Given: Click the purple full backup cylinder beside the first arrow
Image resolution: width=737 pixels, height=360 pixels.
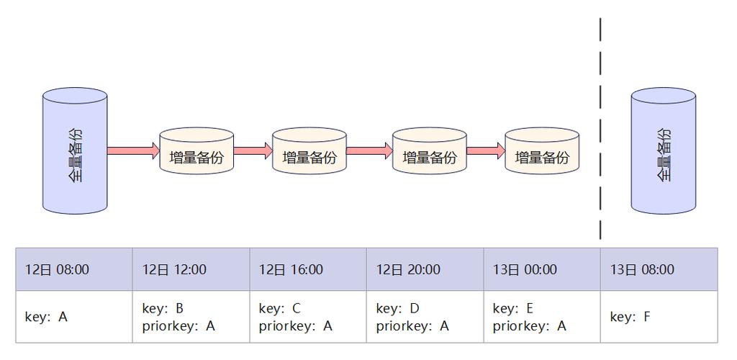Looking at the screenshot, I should [x=75, y=151].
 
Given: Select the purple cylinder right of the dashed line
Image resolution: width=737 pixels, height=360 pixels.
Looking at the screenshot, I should [x=663, y=151].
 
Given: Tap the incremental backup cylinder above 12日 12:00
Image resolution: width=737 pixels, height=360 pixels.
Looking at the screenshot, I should [x=196, y=151].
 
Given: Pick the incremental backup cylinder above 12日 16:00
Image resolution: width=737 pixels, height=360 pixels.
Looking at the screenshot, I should [x=309, y=151].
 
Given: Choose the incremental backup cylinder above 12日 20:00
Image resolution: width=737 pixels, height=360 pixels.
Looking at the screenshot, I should [x=429, y=151].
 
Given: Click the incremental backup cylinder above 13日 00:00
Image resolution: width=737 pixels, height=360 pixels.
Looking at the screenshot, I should [x=542, y=151].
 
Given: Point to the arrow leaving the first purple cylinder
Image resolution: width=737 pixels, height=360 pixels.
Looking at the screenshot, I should [x=133, y=150].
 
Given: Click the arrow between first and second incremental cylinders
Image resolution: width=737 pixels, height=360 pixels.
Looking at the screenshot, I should [x=253, y=150].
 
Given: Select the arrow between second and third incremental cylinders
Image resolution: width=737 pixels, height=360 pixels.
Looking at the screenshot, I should [x=369, y=150].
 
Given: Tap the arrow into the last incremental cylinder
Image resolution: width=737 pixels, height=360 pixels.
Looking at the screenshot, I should [x=486, y=150].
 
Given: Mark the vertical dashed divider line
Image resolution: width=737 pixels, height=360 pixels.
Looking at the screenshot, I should [x=600, y=130].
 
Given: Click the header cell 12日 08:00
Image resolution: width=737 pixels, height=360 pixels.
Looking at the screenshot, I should [x=74, y=269].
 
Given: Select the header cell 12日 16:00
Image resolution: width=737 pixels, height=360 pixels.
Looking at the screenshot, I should [x=308, y=269].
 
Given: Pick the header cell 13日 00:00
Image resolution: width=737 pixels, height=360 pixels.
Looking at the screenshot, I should [x=542, y=269].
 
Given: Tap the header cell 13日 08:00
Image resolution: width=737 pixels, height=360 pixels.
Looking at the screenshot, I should [x=659, y=269].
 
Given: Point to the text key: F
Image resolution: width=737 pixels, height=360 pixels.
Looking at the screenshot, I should [x=630, y=317].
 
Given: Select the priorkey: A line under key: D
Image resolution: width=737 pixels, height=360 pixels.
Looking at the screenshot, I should [x=412, y=326].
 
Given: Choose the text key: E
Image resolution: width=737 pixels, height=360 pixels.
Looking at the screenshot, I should [x=513, y=309].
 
